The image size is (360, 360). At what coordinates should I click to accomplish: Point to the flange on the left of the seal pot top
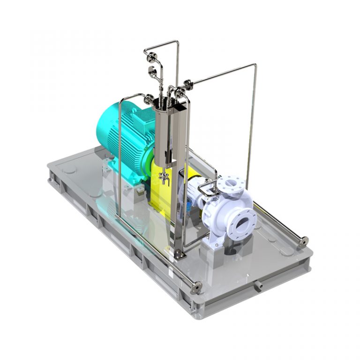[149, 98]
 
